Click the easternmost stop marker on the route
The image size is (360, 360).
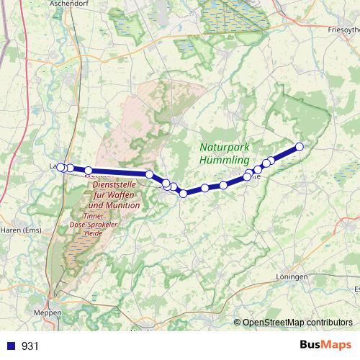pos(300,147)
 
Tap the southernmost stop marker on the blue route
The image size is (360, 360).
pos(183,193)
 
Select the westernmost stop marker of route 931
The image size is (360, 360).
pos(61,168)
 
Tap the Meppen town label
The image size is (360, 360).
pos(48,313)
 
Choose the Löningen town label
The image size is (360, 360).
pos(292,276)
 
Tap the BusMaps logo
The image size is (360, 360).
pos(325,345)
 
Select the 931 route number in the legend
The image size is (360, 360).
pos(30,346)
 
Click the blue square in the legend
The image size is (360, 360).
pos(12,346)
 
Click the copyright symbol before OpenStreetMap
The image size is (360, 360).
pos(238,323)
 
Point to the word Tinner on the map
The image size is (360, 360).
pos(96,216)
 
